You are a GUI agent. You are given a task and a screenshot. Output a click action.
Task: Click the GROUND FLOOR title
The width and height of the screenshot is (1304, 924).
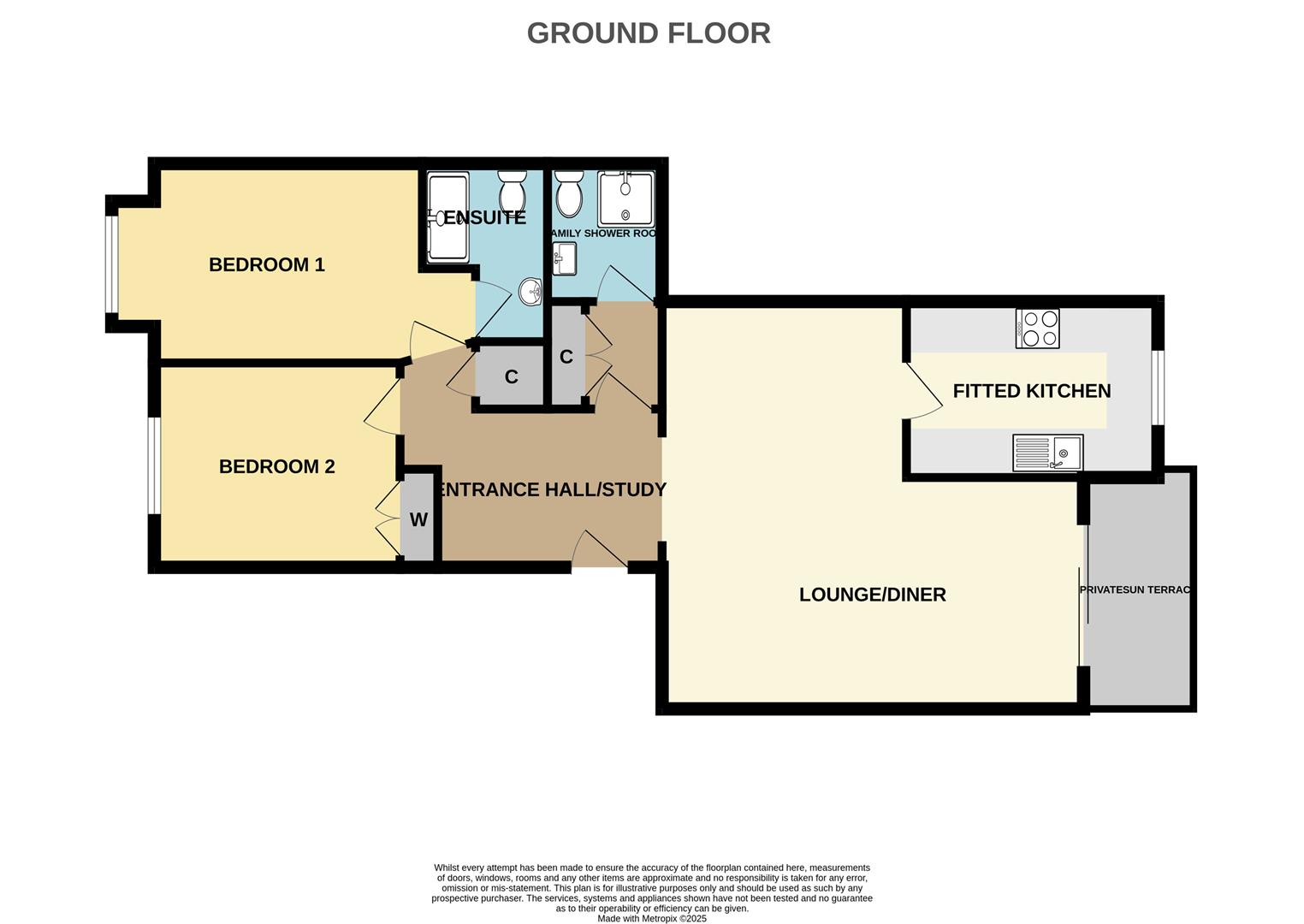pos(649,33)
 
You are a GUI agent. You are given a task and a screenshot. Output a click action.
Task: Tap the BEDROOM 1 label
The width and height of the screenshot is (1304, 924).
pos(267,264)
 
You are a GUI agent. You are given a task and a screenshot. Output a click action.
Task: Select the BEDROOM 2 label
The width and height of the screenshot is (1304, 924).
pos(276,466)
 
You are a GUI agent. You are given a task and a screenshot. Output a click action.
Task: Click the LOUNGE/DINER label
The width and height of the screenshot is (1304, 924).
pos(872,595)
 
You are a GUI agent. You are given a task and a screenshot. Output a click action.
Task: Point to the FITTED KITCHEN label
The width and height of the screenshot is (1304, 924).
pos(1031,391)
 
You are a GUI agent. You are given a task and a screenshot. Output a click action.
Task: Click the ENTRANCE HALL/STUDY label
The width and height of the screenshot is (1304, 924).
pos(552,489)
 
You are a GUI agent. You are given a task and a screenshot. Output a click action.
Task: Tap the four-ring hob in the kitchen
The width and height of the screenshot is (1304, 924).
pos(1038,329)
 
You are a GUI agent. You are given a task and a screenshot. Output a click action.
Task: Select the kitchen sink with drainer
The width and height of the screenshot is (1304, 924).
pos(1047,453)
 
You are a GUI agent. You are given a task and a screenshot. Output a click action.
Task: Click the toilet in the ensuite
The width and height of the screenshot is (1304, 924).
pos(513,190)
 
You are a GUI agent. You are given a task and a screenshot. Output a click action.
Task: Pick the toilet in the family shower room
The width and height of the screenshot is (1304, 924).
pos(568,193)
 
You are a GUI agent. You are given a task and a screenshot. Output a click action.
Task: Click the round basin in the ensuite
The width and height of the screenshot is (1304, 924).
pos(531,292)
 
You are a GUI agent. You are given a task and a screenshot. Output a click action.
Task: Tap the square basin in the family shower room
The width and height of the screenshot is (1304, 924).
pos(565,259)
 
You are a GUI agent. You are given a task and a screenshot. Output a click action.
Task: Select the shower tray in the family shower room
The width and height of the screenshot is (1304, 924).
pos(625,199)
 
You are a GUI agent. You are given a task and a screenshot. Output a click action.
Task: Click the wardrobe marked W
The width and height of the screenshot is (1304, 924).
pos(418,519)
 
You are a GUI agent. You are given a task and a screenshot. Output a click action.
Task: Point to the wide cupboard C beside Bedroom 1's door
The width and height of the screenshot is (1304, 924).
pos(511,376)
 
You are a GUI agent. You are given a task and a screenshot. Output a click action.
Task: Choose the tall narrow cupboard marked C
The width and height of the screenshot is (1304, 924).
pos(566,357)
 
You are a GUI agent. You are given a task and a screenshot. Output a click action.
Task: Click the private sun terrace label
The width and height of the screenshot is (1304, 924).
pos(1135,590)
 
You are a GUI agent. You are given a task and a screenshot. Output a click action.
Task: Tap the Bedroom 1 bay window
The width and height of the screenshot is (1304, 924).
pos(111,263)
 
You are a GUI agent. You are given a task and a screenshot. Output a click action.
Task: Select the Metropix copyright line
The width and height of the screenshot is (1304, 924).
pos(651,919)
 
